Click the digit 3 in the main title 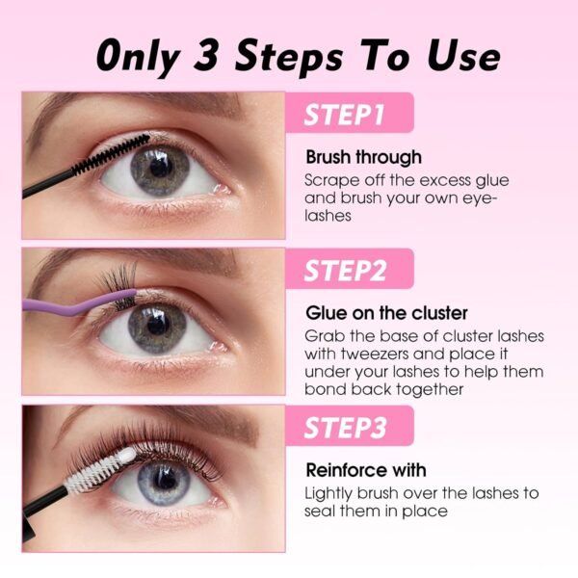(x=206, y=55)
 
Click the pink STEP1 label (x=350, y=113)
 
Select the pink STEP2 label (x=350, y=269)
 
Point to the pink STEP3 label (x=350, y=426)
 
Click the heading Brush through (x=363, y=157)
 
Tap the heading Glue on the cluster (x=386, y=313)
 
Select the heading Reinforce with (x=366, y=470)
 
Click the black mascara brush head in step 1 (x=112, y=154)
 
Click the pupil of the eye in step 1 (x=160, y=168)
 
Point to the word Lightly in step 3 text (x=328, y=494)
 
